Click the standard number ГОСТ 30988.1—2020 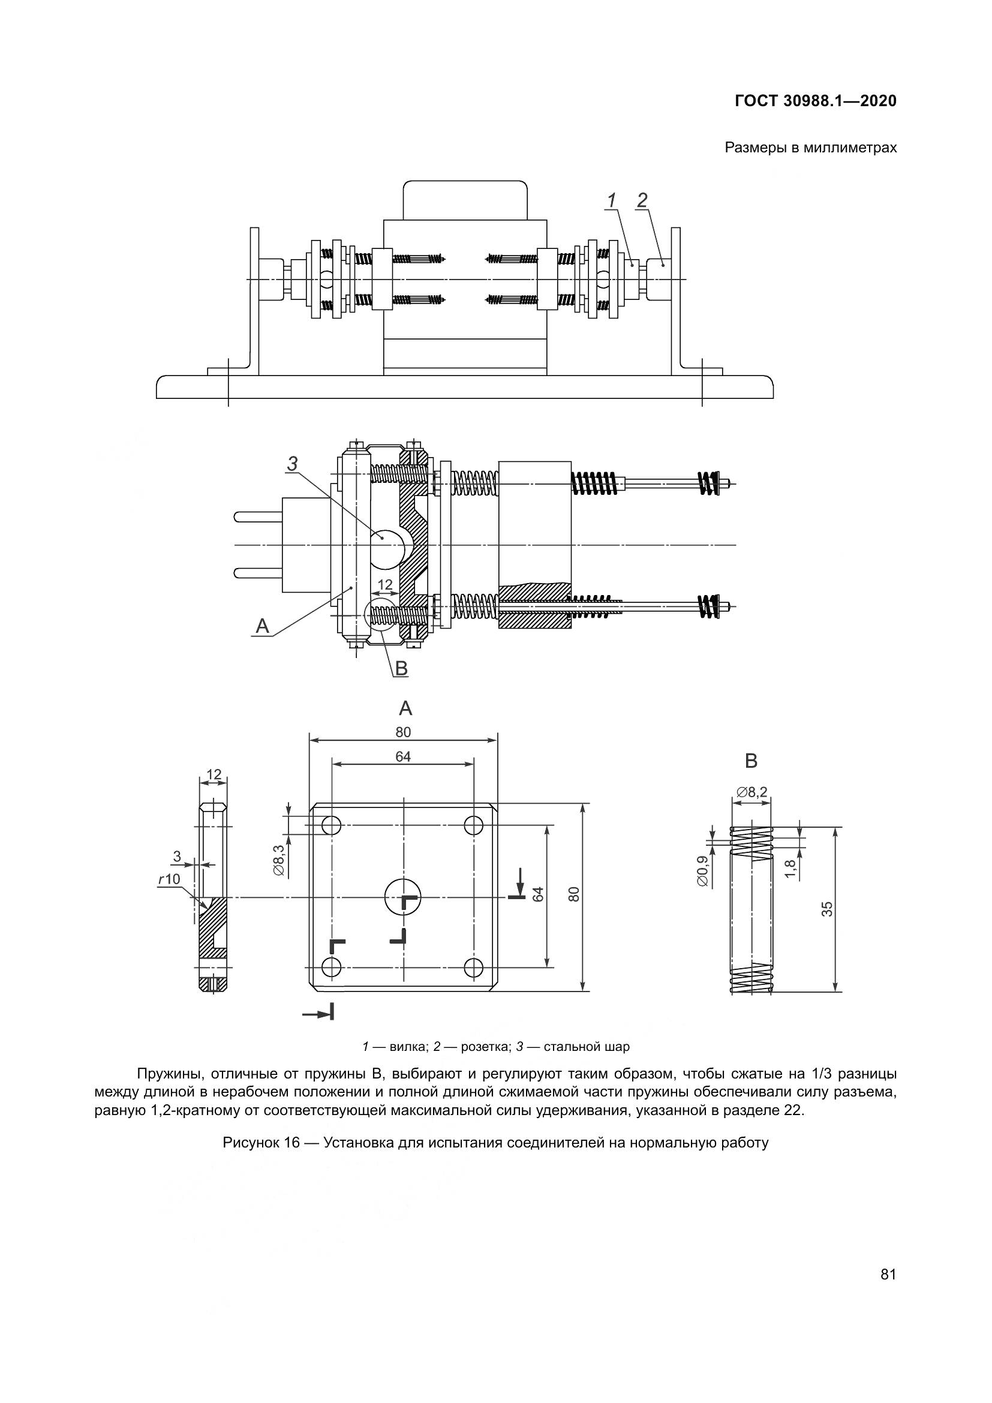tap(816, 101)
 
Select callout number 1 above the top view tap(611, 200)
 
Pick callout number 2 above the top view tap(642, 200)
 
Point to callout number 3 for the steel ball tap(293, 464)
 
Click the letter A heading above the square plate tap(405, 708)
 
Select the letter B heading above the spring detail tap(751, 761)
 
